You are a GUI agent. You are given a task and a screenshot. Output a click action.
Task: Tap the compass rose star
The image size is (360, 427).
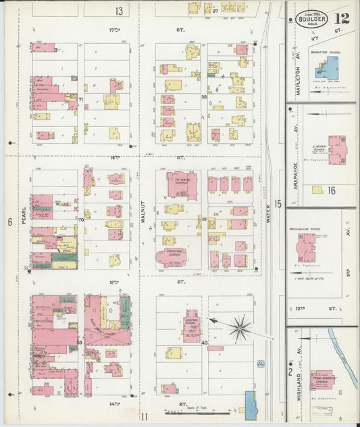(238, 329)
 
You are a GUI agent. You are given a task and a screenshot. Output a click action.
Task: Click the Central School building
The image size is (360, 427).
(192, 326)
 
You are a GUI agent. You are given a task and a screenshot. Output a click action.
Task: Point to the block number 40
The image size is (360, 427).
(204, 343)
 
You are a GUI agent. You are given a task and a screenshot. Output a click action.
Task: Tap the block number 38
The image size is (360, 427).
(203, 97)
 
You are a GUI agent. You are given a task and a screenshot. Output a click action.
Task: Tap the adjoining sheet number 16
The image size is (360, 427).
(331, 191)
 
